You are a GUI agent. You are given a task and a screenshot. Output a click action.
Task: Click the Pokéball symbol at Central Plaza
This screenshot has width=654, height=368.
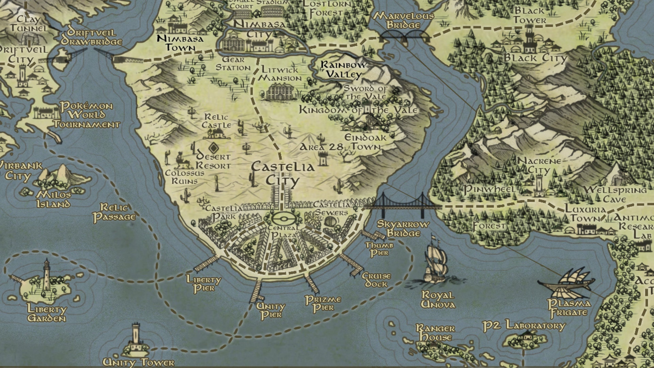point(282,218)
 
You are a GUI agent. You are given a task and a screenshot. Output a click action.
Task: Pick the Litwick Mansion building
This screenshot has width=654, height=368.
point(280,92)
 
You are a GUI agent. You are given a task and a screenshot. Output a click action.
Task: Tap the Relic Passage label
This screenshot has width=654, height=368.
point(114,212)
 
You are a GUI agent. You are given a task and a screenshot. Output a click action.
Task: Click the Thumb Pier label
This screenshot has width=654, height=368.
point(379,249)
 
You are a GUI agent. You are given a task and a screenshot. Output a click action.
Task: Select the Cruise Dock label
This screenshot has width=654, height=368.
point(376,280)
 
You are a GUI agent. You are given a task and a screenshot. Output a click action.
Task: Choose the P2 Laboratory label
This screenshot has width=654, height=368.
point(524,325)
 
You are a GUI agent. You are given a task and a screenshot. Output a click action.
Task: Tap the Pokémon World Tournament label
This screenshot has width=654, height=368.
point(87,115)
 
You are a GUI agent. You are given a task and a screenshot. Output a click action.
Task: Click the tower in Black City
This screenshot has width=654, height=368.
point(529,41)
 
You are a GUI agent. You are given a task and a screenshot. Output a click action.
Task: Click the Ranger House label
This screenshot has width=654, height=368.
point(435,333)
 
